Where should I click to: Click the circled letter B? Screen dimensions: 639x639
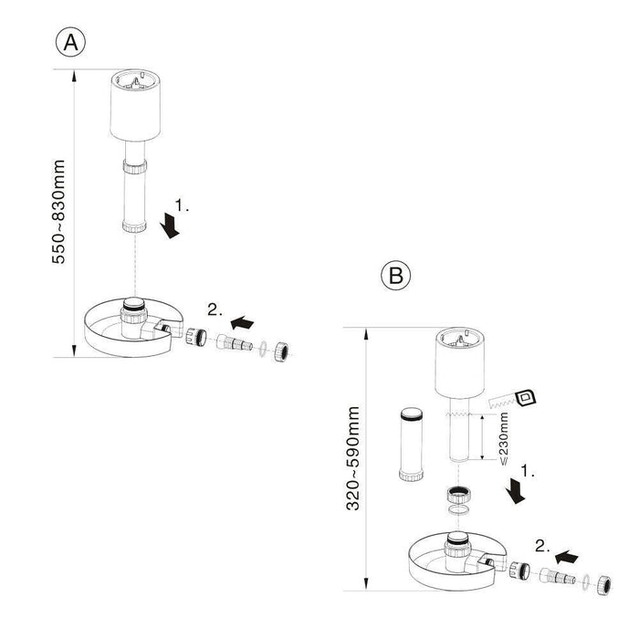click(395, 276)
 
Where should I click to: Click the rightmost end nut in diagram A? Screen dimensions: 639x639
click(283, 349)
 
